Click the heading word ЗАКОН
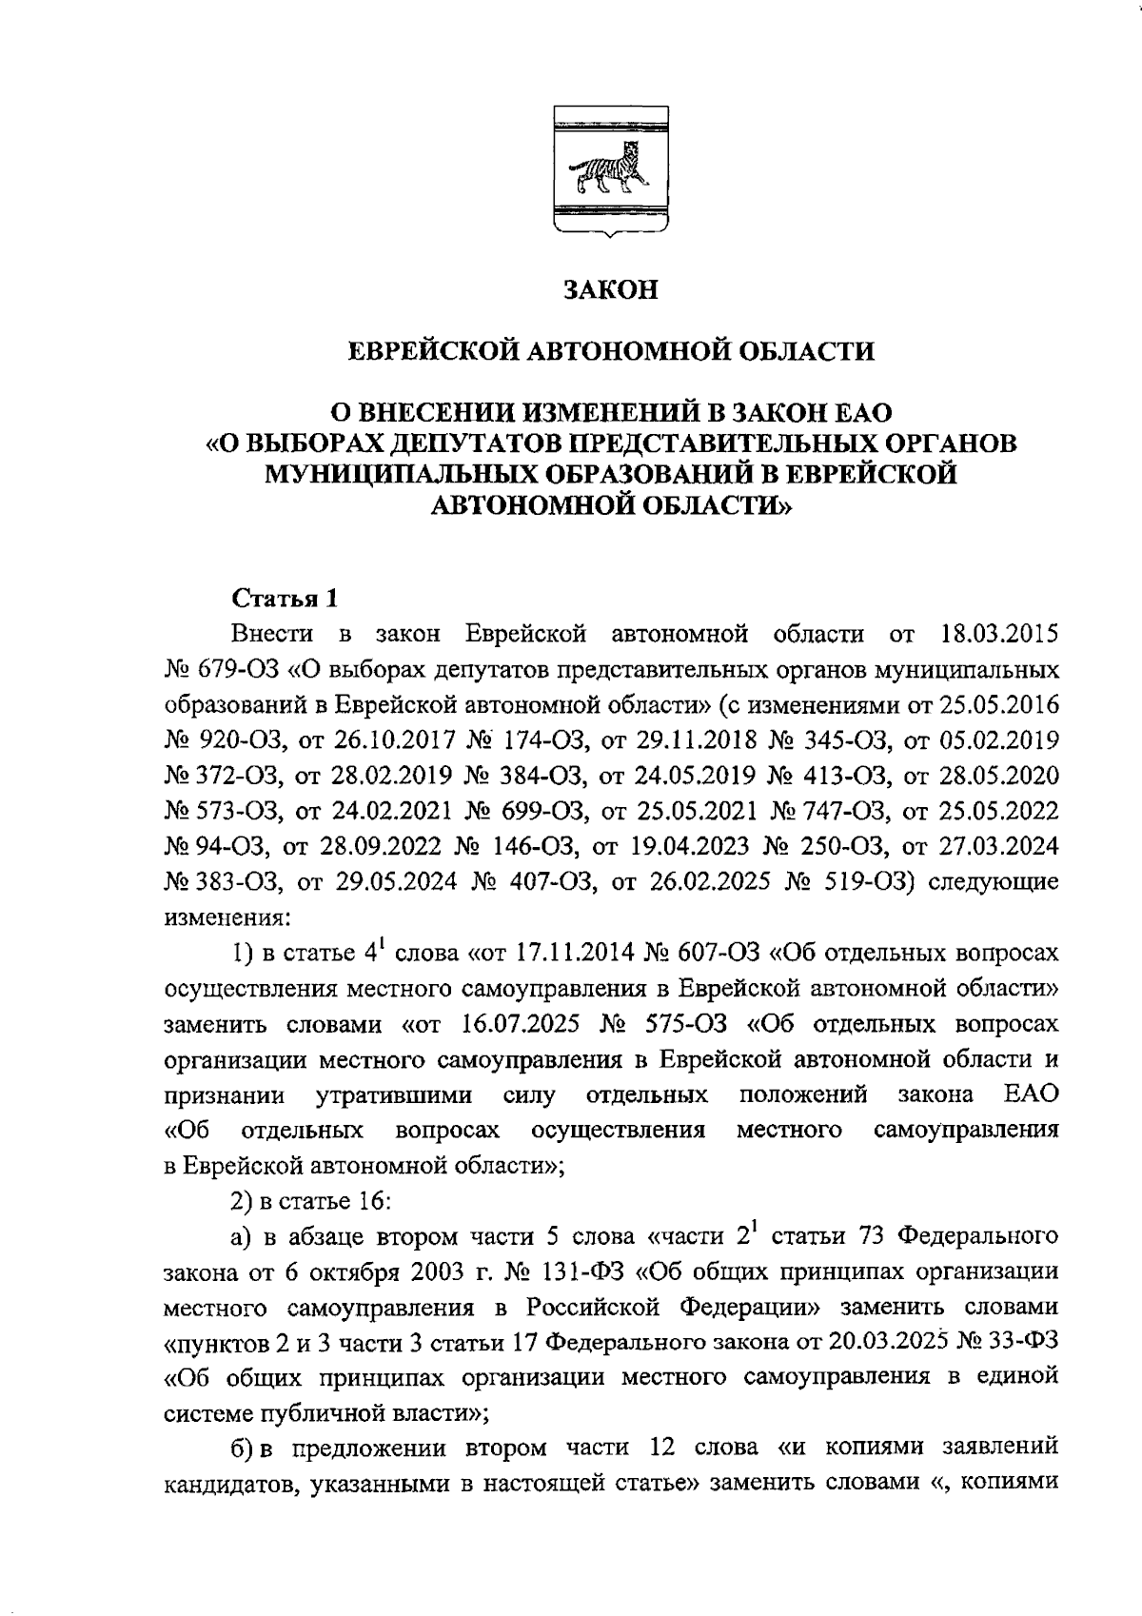609,289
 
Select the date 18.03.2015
999,635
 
